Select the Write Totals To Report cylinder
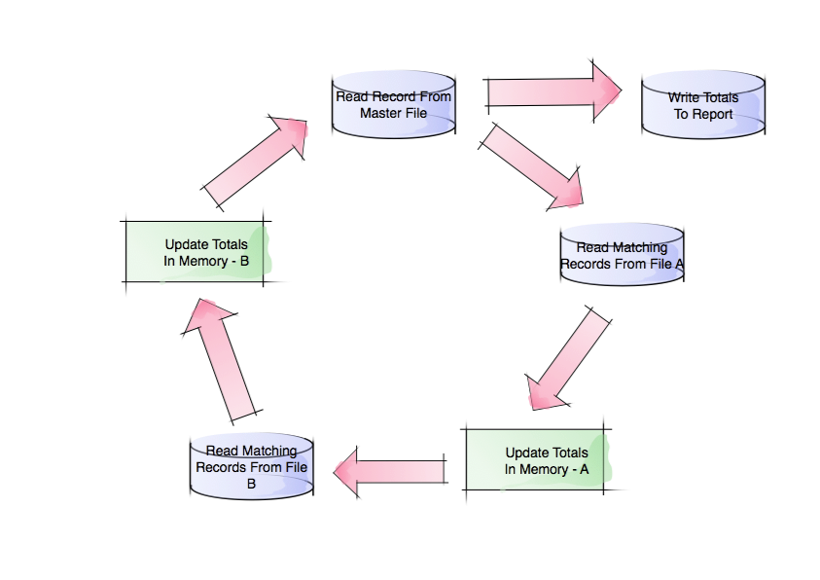click(702, 105)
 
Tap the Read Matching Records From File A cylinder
click(622, 255)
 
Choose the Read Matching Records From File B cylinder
click(252, 466)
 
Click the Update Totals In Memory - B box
click(195, 253)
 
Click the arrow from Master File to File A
click(530, 165)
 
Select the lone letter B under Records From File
click(251, 483)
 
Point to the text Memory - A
click(558, 468)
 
